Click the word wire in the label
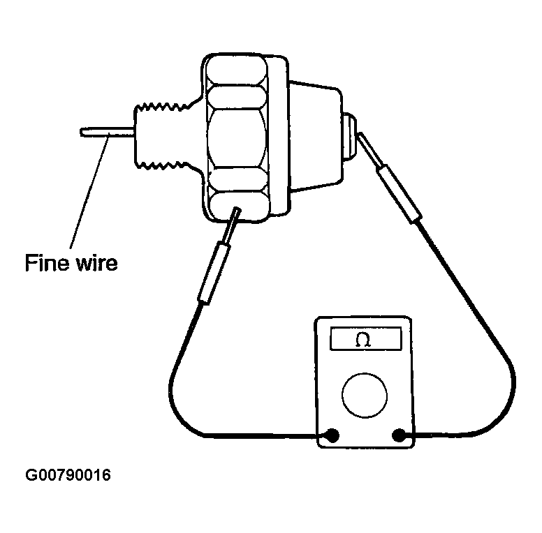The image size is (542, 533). pos(97,263)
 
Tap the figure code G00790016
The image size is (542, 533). pos(68,475)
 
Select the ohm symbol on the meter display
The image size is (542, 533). pos(363,340)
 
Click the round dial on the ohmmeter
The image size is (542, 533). pos(365,396)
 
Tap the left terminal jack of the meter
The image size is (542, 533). pos(332,435)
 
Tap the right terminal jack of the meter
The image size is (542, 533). pos(399,435)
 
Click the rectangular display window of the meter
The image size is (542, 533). pos(366,338)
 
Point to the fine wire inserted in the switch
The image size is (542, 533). pos(107,133)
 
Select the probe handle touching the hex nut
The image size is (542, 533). pos(213,273)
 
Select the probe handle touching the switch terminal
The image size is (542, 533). pos(399,195)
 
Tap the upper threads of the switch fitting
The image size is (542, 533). pos(163,107)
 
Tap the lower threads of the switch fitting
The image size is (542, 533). pos(163,166)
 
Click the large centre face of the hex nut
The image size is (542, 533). pos(237,138)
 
